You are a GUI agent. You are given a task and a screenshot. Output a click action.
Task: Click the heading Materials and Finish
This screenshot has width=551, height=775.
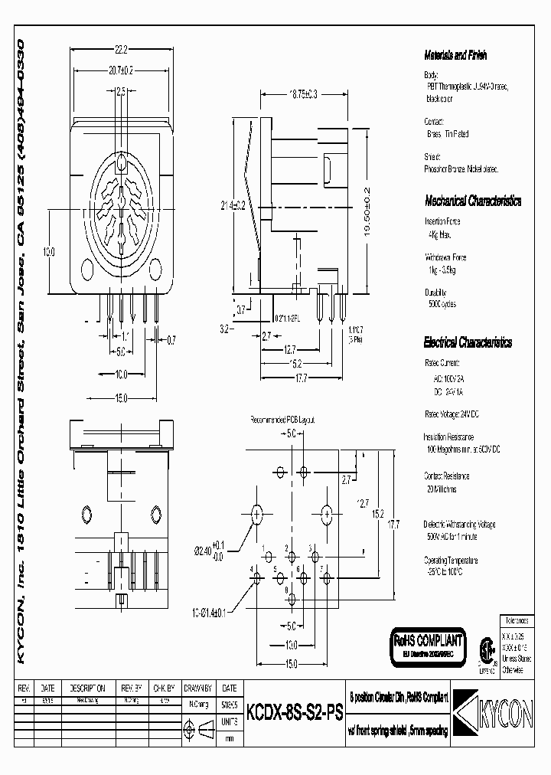[x=455, y=55]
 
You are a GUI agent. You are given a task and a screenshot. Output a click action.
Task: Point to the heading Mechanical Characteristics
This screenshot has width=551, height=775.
[x=473, y=201]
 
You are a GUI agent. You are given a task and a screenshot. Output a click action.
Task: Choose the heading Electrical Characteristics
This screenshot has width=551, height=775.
[x=468, y=343]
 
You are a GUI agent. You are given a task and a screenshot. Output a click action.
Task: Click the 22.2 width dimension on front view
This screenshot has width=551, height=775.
[x=121, y=50]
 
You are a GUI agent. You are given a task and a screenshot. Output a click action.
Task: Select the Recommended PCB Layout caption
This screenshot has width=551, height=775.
[x=282, y=420]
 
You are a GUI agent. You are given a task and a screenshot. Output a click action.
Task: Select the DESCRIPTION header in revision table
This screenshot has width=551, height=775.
[x=88, y=688]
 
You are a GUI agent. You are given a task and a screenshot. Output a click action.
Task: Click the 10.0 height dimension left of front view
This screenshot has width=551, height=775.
[x=48, y=252]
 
